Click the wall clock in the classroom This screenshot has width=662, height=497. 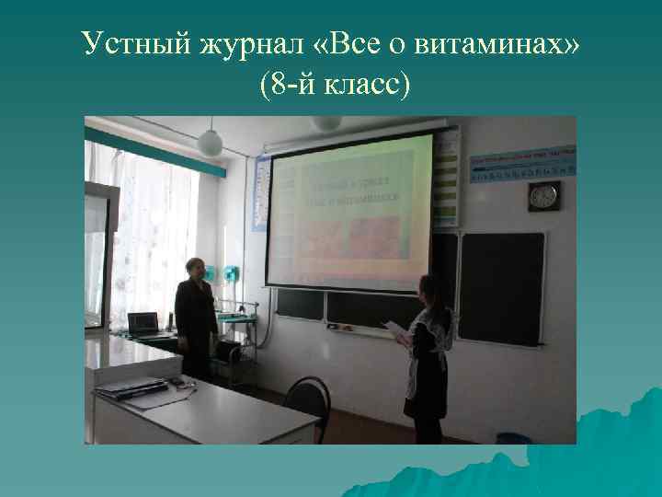[x=543, y=195]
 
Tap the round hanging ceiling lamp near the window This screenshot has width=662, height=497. [x=211, y=142]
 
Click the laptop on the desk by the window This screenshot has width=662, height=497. [x=143, y=323]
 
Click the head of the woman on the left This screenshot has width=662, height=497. [x=194, y=269]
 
